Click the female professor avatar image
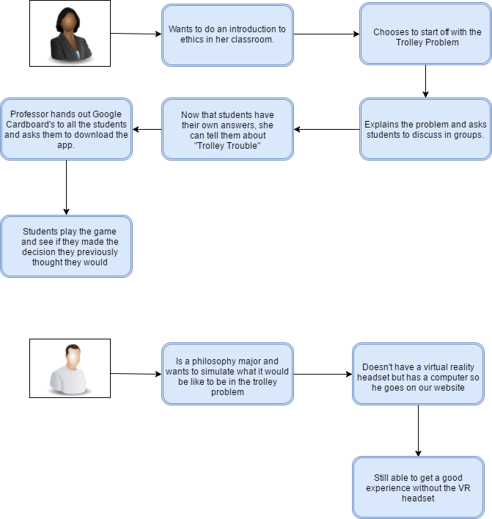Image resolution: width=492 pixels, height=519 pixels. coord(70,34)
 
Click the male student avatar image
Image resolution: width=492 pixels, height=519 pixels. coord(70,368)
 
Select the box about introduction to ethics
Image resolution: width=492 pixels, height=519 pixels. coord(227,35)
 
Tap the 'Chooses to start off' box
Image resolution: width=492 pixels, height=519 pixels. coord(425,34)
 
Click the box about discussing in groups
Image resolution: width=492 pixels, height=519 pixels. coord(425,129)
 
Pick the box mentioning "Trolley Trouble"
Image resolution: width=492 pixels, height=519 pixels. coord(227,129)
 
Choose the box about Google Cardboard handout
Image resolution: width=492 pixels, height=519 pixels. coord(66,129)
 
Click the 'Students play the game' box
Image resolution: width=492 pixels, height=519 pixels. coord(66,246)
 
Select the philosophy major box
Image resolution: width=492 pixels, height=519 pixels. coord(227,374)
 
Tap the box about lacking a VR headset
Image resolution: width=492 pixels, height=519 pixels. coord(418,374)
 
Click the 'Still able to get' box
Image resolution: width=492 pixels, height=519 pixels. coord(418,487)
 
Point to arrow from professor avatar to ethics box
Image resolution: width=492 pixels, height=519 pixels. coord(136,34)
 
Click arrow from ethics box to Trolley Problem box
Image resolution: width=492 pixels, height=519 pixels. coord(326,34)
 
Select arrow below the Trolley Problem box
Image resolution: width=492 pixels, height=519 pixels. coord(425,81)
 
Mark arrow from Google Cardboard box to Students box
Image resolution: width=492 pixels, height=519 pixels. coord(66,188)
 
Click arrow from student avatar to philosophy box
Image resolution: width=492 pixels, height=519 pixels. coord(136,374)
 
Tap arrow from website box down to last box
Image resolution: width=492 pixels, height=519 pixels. coord(418,430)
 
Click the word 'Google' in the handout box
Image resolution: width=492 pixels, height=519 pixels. coord(107,114)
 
